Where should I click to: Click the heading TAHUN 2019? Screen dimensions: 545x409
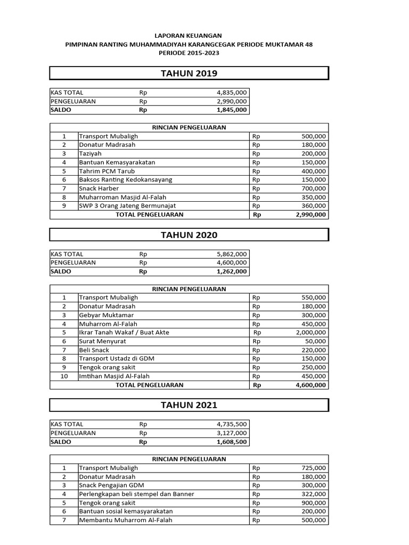[189, 73]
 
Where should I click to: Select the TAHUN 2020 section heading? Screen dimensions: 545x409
[189, 235]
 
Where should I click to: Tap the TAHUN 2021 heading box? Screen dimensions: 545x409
[189, 405]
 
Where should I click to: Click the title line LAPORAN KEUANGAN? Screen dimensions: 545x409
[189, 35]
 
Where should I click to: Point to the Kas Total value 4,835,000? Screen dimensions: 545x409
[232, 93]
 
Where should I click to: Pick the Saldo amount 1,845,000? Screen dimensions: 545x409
[232, 110]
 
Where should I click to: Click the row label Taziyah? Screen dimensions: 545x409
[90, 154]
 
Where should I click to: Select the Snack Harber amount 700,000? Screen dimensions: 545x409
[314, 188]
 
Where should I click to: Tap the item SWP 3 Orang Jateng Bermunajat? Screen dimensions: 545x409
[127, 205]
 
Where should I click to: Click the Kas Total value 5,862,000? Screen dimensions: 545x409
[232, 254]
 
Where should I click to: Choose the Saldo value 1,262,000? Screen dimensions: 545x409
[232, 271]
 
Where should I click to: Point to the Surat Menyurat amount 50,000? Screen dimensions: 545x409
[316, 341]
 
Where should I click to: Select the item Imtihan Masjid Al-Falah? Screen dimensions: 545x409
[114, 376]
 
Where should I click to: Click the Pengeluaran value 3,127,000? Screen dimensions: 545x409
[232, 433]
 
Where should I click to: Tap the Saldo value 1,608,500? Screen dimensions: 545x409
[232, 442]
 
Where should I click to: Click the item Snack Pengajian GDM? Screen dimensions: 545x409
[111, 485]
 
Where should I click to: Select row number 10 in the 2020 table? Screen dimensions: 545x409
[64, 376]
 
